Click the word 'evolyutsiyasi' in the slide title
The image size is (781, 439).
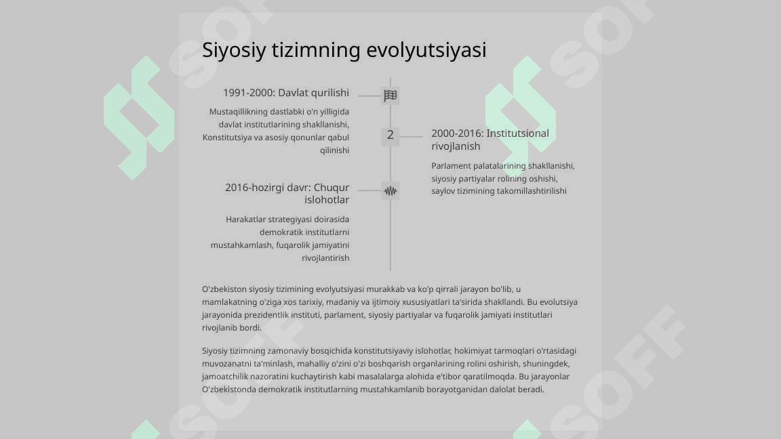(x=426, y=50)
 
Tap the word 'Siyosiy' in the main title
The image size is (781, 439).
(x=235, y=50)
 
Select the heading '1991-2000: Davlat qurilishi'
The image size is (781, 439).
(x=286, y=93)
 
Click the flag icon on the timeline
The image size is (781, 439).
(x=390, y=96)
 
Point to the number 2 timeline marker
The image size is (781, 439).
(x=390, y=135)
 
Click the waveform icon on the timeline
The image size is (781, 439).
(x=390, y=191)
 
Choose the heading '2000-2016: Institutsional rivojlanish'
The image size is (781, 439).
(x=490, y=140)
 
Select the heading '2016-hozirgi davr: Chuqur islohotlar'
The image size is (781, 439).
(x=287, y=193)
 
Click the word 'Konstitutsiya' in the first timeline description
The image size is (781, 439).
(x=228, y=138)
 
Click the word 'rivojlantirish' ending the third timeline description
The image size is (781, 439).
(x=325, y=258)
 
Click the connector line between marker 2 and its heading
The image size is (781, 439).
(x=411, y=136)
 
